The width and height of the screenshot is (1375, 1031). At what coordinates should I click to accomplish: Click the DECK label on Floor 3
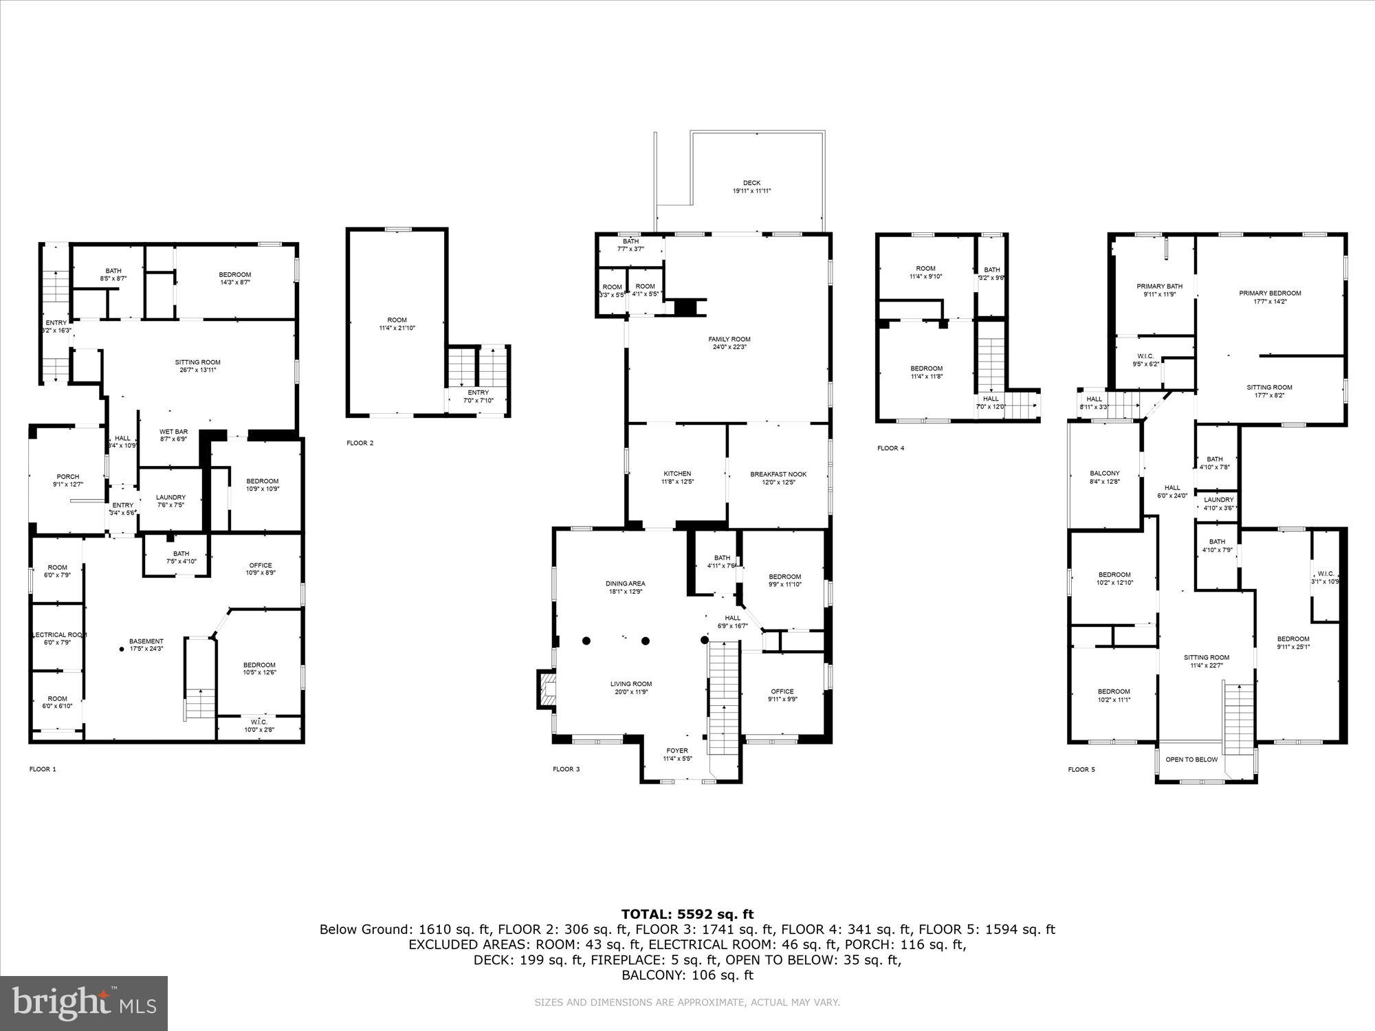[x=751, y=183]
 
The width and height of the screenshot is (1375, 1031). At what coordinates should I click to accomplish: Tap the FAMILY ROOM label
[x=729, y=339]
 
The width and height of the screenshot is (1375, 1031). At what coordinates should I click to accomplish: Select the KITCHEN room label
[x=677, y=474]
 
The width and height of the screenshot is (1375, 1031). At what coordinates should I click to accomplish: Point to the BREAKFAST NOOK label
[x=778, y=474]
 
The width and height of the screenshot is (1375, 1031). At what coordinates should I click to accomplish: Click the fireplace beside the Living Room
[x=547, y=689]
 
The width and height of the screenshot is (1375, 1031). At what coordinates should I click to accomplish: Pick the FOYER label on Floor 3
[x=677, y=751]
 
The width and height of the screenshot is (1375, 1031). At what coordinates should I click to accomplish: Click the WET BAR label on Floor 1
[x=174, y=432]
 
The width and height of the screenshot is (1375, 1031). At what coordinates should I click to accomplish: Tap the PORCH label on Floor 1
[x=67, y=476]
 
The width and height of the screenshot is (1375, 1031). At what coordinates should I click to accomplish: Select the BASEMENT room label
[x=146, y=641]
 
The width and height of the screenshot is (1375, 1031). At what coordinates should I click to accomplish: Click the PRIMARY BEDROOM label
[x=1270, y=293]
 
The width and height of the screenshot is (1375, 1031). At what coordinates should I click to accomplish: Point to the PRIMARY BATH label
[x=1159, y=287]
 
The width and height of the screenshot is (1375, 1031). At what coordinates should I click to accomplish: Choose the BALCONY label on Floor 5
[x=1105, y=473]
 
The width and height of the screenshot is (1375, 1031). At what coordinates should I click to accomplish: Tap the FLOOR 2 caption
[x=360, y=443]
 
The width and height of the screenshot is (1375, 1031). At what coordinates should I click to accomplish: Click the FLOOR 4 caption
[x=891, y=448]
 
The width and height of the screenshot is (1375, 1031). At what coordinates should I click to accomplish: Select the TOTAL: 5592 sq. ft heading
[x=687, y=914]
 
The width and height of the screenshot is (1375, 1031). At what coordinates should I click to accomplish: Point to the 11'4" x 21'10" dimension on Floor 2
[x=397, y=328]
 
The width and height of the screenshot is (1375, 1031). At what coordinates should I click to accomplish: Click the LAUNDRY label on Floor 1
[x=170, y=498]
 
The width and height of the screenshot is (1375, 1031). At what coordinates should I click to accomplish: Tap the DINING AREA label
[x=626, y=584]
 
